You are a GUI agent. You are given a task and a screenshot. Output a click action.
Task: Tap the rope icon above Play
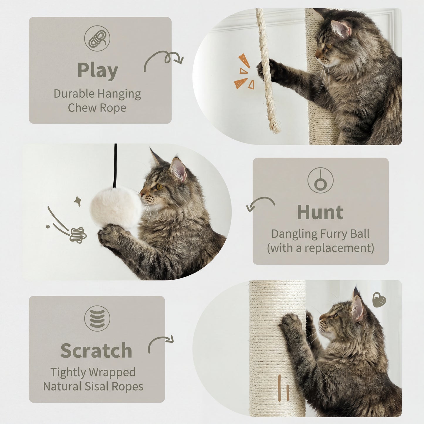tap(97, 38)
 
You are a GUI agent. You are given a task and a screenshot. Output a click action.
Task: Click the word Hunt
tap(320, 212)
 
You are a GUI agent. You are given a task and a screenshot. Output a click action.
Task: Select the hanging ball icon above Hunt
tap(320, 180)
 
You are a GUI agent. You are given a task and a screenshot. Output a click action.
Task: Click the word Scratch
tap(96, 351)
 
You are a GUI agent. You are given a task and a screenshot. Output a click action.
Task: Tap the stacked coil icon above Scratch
tap(97, 318)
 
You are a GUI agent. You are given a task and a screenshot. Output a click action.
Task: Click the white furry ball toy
tap(116, 207)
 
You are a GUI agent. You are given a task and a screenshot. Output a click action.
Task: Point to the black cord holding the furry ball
tap(116, 164)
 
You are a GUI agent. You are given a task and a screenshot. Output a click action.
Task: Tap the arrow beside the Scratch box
tap(161, 343)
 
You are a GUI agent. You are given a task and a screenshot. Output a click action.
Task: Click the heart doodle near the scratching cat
tap(379, 300)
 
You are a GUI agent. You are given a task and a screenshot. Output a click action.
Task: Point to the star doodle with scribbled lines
tap(78, 235)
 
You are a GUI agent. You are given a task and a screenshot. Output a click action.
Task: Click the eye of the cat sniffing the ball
tap(160, 186)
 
